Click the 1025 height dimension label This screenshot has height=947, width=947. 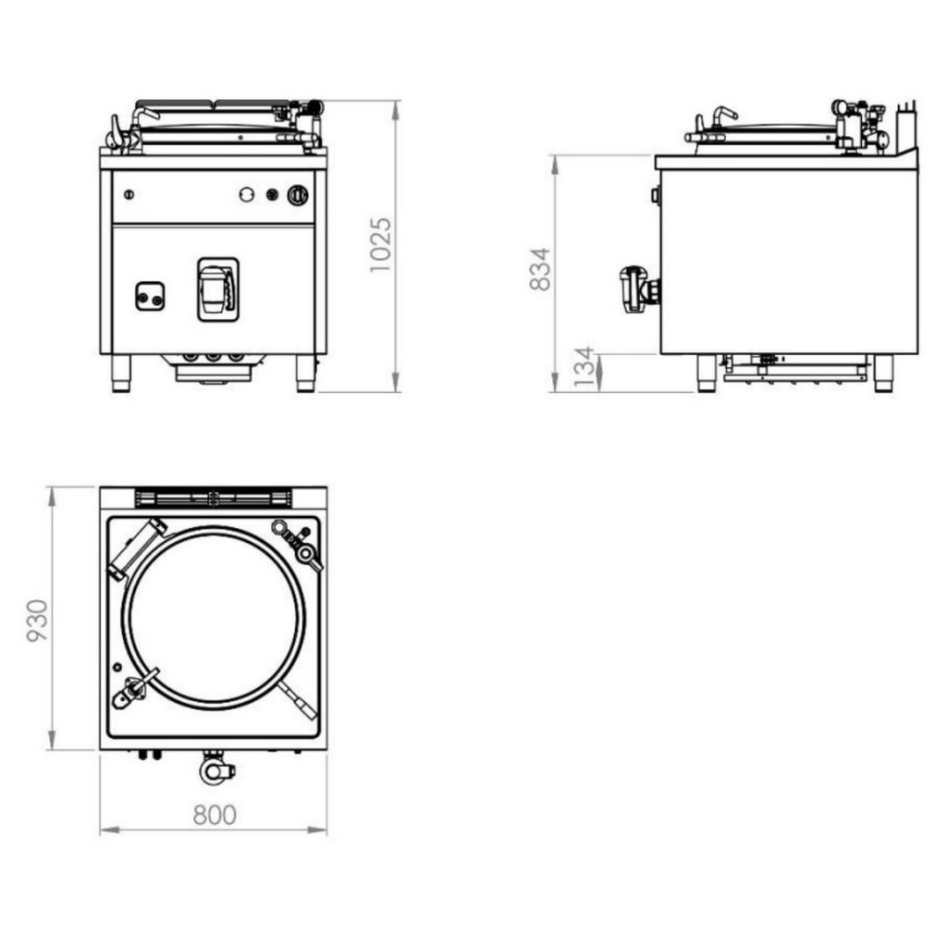380,244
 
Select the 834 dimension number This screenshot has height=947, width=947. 540,269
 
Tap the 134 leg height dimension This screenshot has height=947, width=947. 584,367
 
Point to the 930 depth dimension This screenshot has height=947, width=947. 37,621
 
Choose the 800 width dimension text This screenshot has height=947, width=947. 215,815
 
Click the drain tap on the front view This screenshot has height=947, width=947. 218,289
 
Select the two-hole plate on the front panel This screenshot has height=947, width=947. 150,296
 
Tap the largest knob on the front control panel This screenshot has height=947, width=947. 298,195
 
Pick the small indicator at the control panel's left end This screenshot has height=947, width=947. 129,194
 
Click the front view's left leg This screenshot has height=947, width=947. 121,374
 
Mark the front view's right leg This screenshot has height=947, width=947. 305,374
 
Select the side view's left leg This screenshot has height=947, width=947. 706,374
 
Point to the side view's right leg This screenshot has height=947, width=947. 883,374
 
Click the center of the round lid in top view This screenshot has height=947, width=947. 214,617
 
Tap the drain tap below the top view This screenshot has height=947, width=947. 215,768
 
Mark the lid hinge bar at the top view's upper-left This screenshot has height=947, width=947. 137,549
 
